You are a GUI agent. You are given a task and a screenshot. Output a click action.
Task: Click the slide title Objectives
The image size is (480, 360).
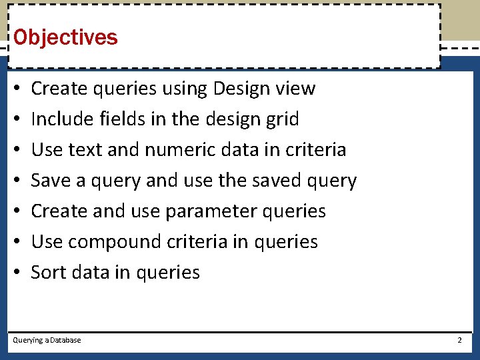click(65, 37)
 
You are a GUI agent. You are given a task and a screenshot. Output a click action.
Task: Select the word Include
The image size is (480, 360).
click(63, 119)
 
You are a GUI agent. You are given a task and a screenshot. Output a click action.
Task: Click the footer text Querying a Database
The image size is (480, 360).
click(47, 340)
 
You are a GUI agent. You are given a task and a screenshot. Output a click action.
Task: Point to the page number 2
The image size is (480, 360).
click(459, 340)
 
